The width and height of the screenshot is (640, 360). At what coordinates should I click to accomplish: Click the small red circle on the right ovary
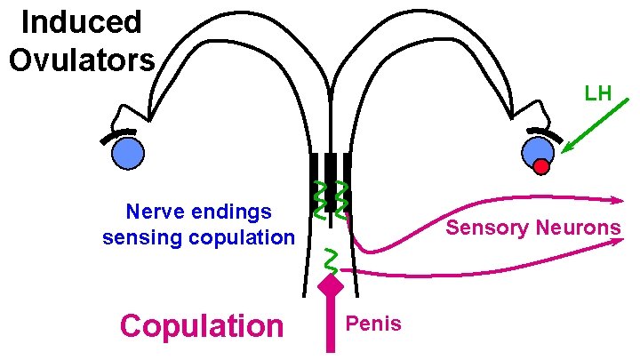point(541,165)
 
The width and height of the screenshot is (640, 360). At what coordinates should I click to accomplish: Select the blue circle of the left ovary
point(127,154)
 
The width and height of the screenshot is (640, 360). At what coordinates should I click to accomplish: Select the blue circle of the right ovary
point(538,149)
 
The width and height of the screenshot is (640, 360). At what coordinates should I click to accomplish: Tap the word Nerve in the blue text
point(155,212)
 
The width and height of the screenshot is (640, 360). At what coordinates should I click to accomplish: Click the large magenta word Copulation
point(201,325)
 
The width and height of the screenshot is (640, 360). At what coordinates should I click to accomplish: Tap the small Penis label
point(374,323)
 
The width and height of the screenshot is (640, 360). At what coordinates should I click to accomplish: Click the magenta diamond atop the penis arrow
point(331,286)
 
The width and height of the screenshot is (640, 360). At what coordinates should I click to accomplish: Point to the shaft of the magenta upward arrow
point(331,324)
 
